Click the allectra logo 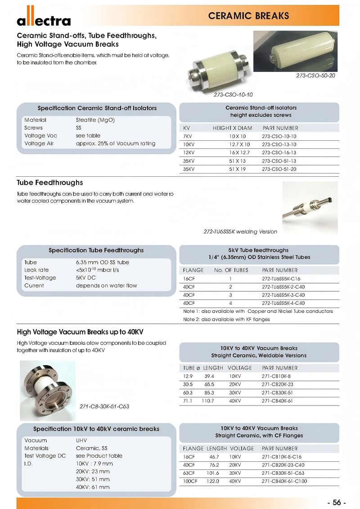[x=44, y=20]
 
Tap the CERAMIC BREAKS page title [x=248, y=16]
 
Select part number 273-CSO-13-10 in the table [x=279, y=144]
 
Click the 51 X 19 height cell [x=237, y=169]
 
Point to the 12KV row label [x=189, y=152]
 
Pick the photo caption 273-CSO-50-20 [x=315, y=76]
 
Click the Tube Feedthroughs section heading [x=50, y=183]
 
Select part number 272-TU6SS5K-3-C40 [x=283, y=295]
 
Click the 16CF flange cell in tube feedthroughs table [x=189, y=278]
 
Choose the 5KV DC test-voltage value [x=86, y=277]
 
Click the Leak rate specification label [x=37, y=270]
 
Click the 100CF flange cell [x=191, y=481]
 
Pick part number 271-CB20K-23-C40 [x=283, y=465]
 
